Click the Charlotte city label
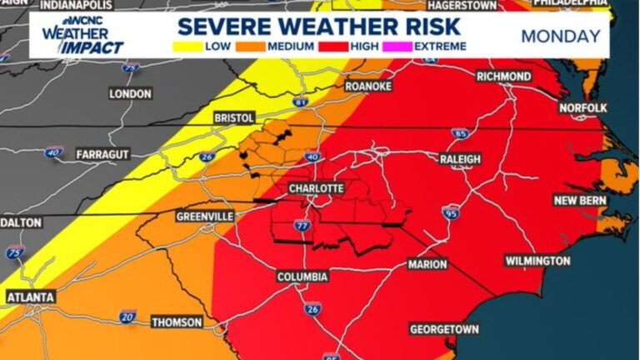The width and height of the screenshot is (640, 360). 316,189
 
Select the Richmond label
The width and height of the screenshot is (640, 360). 503,77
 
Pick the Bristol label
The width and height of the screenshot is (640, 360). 233,118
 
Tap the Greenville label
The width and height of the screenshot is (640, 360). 204,216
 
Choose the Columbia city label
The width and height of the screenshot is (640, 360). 302,277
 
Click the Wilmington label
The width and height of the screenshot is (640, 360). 537,261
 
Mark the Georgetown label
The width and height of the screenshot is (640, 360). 443,330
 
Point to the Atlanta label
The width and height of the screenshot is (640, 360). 31,297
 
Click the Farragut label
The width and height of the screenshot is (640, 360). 102,155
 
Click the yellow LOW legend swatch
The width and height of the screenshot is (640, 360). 191,46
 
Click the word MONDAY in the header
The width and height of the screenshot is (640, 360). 560,36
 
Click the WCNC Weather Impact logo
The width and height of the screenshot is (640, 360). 81,35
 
